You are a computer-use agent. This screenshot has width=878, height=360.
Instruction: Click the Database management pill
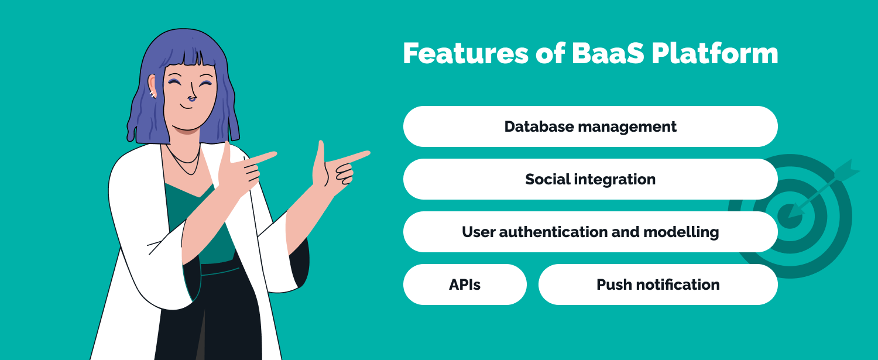pos(590,126)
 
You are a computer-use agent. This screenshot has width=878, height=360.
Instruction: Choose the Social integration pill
pos(590,179)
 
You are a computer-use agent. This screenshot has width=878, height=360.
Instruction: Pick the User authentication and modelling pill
pos(590,232)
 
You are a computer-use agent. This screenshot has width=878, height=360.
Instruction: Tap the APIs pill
pos(465,284)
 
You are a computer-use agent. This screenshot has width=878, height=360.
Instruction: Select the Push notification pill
pos(658,284)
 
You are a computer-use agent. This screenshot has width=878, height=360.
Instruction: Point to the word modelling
pos(681,232)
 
